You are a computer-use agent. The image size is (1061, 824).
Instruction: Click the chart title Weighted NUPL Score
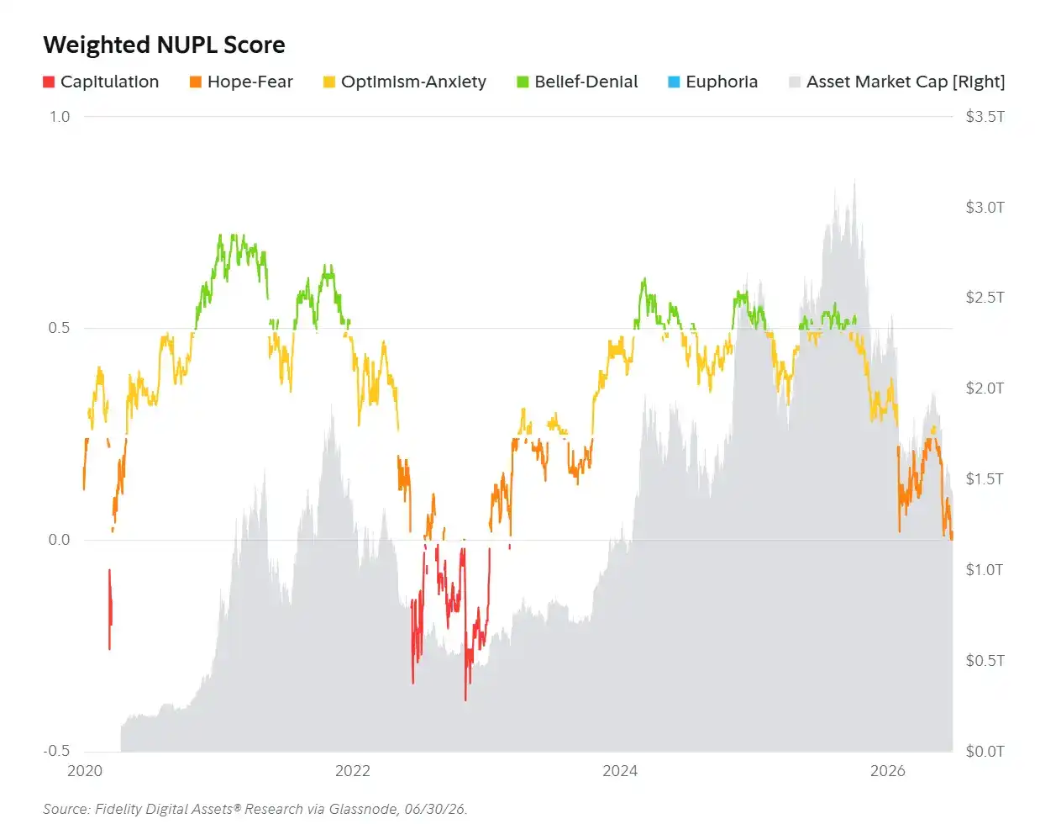coord(164,45)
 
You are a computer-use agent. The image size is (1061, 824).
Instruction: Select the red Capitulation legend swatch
coord(49,82)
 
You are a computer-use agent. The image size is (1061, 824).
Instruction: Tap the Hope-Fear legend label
coord(250,82)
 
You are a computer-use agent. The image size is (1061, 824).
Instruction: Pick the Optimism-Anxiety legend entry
coord(405,82)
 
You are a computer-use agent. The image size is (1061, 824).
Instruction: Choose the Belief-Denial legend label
coord(586,82)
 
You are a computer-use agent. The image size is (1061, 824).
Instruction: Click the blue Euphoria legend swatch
coord(674,82)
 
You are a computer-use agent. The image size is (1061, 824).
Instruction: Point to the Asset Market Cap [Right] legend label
coord(906,82)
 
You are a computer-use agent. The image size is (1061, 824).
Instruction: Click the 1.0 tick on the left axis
coord(60,117)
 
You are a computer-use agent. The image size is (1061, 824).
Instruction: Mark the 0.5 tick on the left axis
coord(59,328)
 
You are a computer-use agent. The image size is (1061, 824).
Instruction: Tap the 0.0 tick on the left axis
coord(59,540)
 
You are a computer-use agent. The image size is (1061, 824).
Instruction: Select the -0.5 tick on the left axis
coord(56,751)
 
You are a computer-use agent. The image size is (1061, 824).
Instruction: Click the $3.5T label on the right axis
coord(985,117)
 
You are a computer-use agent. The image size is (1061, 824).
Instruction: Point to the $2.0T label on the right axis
coord(985,388)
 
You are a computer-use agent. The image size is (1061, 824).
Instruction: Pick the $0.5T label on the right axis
coord(985,660)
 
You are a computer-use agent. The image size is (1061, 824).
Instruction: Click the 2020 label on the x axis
coord(85,771)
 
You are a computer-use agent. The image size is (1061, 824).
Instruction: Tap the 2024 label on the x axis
coord(620,771)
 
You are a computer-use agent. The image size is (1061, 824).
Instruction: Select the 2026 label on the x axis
coord(888,771)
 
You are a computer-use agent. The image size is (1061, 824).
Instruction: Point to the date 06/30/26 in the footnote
coord(434,809)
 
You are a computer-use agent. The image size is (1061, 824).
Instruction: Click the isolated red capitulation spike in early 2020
coord(110,609)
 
